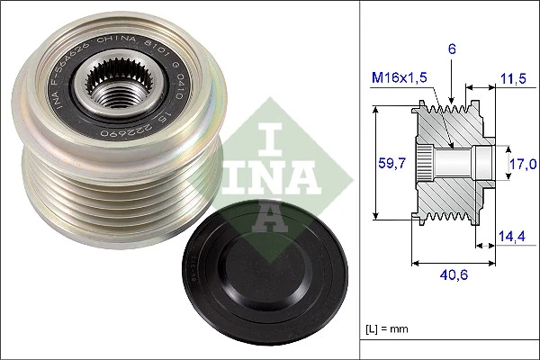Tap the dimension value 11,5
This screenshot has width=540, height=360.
(514, 79)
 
